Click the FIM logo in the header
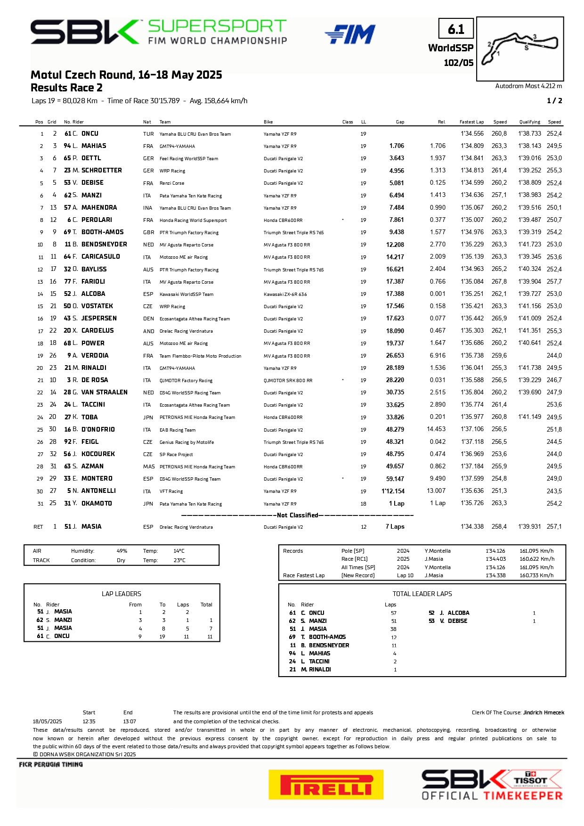350,34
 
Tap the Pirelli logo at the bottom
326,785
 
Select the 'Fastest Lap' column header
471,122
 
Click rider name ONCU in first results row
89,134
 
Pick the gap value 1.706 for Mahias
397,146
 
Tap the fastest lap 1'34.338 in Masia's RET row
472,526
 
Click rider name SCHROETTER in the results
101,171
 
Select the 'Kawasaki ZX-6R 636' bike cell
285,294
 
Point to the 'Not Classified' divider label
298,515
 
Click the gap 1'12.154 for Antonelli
393,491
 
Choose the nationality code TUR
148,134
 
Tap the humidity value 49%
122,551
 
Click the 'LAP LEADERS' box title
122,594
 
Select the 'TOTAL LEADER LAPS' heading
422,594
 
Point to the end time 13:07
130,721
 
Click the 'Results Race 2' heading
66,88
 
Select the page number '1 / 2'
554,100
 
